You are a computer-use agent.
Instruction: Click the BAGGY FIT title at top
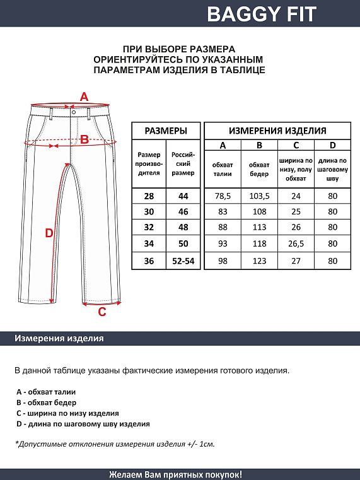coord(262,13)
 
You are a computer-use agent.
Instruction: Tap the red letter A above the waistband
coord(84,97)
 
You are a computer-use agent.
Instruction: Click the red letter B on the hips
coord(84,139)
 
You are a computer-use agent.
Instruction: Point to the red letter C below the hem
coord(102,310)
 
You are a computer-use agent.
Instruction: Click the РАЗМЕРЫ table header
coord(165,131)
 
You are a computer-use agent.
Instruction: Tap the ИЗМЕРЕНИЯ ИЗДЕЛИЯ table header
coord(277,131)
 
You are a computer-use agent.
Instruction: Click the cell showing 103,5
coord(259,196)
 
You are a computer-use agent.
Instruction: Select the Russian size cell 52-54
coord(183,260)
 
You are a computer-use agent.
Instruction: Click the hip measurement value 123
coord(259,260)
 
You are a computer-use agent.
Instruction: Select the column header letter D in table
coord(333,146)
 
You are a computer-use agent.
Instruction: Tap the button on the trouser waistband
coord(74,111)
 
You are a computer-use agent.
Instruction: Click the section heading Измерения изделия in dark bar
coord(59,339)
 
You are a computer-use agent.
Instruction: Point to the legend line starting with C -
coord(68,413)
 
